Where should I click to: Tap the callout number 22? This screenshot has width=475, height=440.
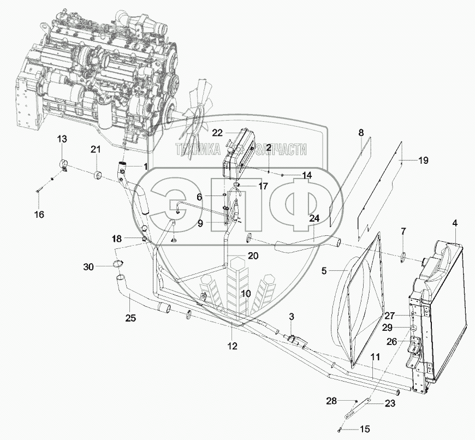(218, 132)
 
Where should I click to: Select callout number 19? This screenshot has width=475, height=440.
(423, 160)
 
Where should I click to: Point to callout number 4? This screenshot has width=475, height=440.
(455, 223)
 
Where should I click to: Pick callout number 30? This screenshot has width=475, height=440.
(88, 266)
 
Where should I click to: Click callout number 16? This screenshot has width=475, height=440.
(39, 215)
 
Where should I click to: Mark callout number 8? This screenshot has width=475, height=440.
(360, 133)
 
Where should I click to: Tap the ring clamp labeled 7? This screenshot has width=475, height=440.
(403, 257)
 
